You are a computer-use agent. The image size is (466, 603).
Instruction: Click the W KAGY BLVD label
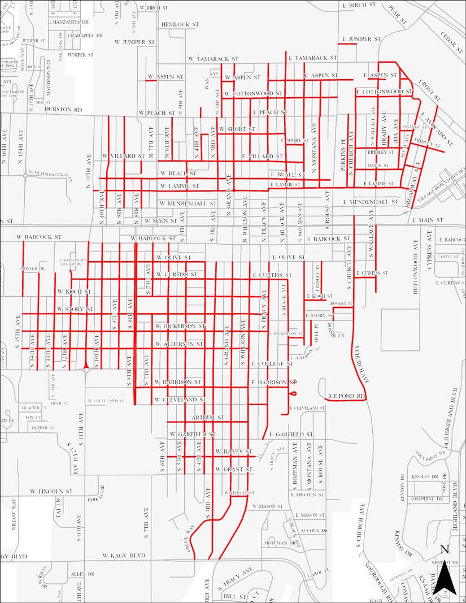pyautogui.click(x=124, y=556)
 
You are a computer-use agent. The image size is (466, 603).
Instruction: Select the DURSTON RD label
pyautogui.click(x=63, y=109)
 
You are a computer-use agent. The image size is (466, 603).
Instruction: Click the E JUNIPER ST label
pyautogui.click(x=361, y=39)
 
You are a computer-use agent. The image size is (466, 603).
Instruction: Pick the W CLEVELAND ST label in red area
pyautogui.click(x=178, y=400)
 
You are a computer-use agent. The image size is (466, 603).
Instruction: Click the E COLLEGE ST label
pyautogui.click(x=271, y=363)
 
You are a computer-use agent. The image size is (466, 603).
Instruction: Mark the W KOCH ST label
pyautogui.click(x=74, y=292)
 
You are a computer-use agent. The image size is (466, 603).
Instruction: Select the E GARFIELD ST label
pyautogui.click(x=291, y=434)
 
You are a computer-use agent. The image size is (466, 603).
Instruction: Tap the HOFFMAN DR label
pyautogui.click(x=281, y=543)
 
